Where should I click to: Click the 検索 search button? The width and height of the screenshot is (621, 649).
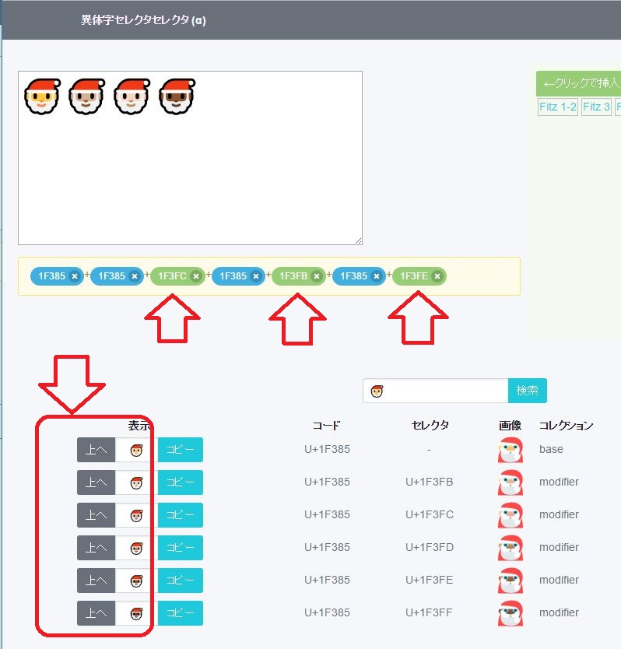[x=527, y=391]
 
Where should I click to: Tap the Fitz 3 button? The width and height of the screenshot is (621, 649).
[x=596, y=107]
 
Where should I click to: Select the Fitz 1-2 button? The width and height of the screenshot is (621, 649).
[x=558, y=107]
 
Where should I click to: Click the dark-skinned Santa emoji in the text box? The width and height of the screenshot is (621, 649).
[x=177, y=96]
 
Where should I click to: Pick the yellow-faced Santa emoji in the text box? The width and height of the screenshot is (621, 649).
[x=42, y=96]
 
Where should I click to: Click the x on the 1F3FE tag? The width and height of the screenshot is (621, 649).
[x=437, y=276]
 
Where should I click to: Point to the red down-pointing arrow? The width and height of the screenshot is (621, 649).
[x=72, y=383]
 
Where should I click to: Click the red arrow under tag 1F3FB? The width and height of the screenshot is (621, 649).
[x=297, y=319]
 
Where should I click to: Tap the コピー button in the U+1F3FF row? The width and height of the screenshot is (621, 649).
[x=181, y=613]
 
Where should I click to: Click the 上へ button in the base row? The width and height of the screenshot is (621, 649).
[x=96, y=450]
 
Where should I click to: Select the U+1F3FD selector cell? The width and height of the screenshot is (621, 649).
[x=430, y=547]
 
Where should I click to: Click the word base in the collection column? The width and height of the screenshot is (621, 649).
[x=551, y=449]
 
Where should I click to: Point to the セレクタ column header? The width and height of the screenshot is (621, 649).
[x=430, y=425]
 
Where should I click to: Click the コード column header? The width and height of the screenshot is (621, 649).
[x=327, y=425]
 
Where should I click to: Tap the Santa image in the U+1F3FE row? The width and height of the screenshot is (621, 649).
[x=510, y=581]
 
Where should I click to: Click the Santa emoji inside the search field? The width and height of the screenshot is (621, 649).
[x=377, y=391]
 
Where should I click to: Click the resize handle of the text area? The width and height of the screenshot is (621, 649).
[x=359, y=241]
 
